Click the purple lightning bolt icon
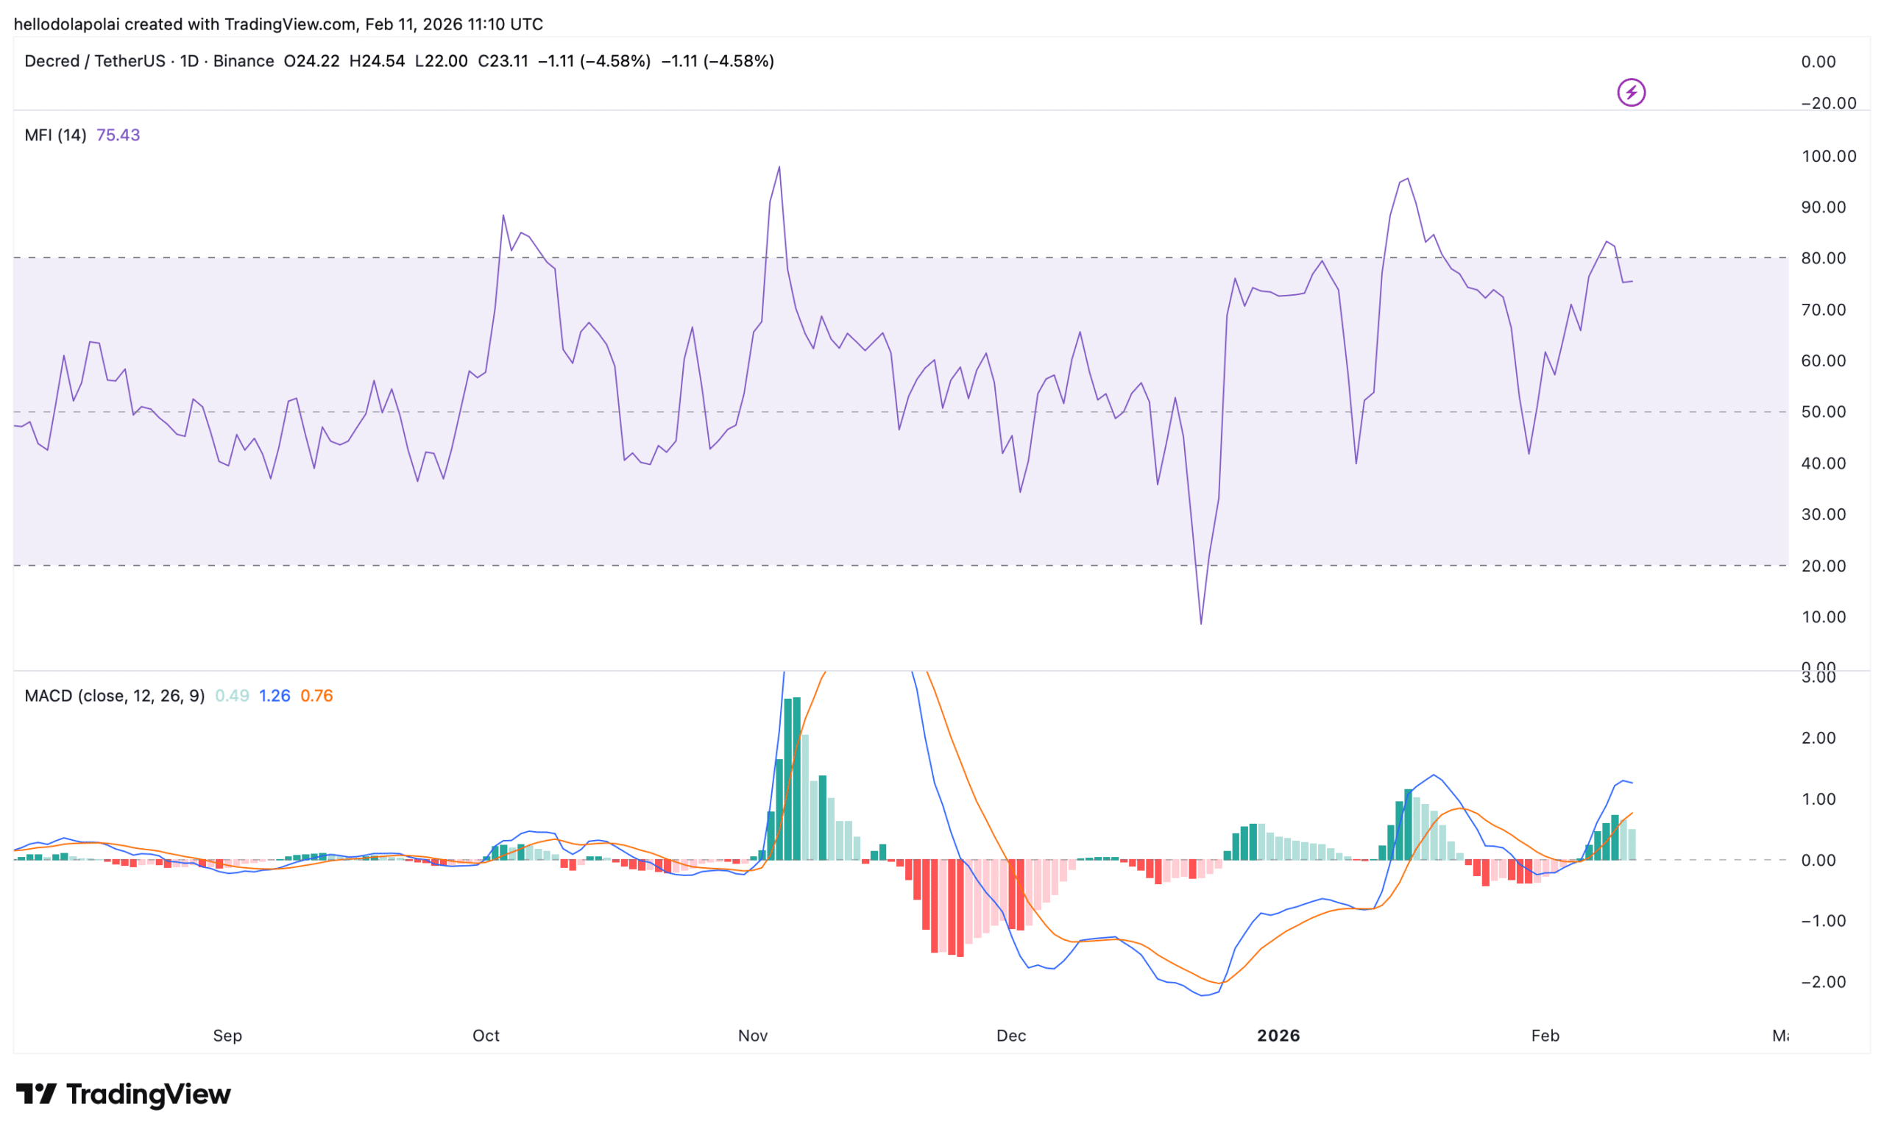tap(1631, 93)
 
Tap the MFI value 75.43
tap(118, 135)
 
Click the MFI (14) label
tap(55, 135)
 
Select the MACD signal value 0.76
tap(316, 696)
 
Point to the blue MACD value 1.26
tap(275, 696)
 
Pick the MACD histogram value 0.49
tap(232, 696)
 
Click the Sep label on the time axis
tap(227, 1036)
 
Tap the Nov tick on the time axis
tap(752, 1036)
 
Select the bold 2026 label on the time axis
tap(1278, 1036)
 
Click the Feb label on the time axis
tap(1545, 1036)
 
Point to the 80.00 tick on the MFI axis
tap(1823, 258)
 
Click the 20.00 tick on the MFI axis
tap(1823, 566)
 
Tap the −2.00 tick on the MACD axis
tap(1823, 982)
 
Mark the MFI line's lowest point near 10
tap(1200, 624)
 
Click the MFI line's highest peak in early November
tap(779, 167)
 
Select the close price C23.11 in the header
tap(503, 61)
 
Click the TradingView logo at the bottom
tap(123, 1095)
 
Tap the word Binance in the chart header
tap(243, 61)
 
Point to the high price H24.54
tap(377, 61)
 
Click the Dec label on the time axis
tap(1011, 1036)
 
